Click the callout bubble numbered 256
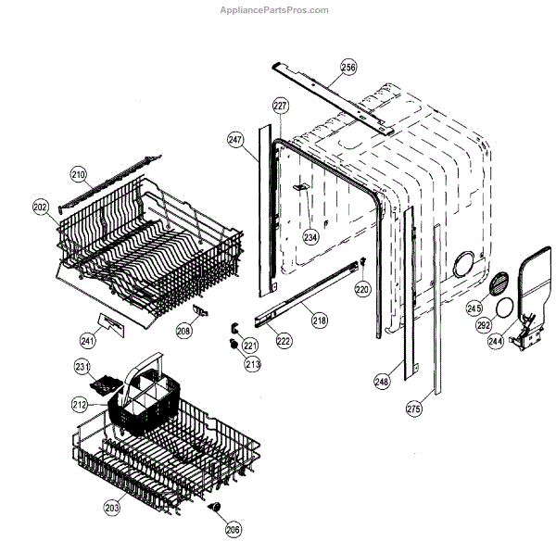click(x=347, y=67)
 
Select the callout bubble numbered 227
click(x=280, y=107)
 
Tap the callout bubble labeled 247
click(x=235, y=139)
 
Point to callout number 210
click(x=79, y=174)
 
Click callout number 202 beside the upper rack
click(x=40, y=207)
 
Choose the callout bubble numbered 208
click(x=183, y=330)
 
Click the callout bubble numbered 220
click(x=362, y=289)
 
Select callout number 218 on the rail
click(x=319, y=321)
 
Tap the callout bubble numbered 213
click(x=253, y=363)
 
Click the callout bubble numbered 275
click(x=413, y=407)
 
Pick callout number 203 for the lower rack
click(x=111, y=508)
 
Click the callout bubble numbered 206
click(x=232, y=529)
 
